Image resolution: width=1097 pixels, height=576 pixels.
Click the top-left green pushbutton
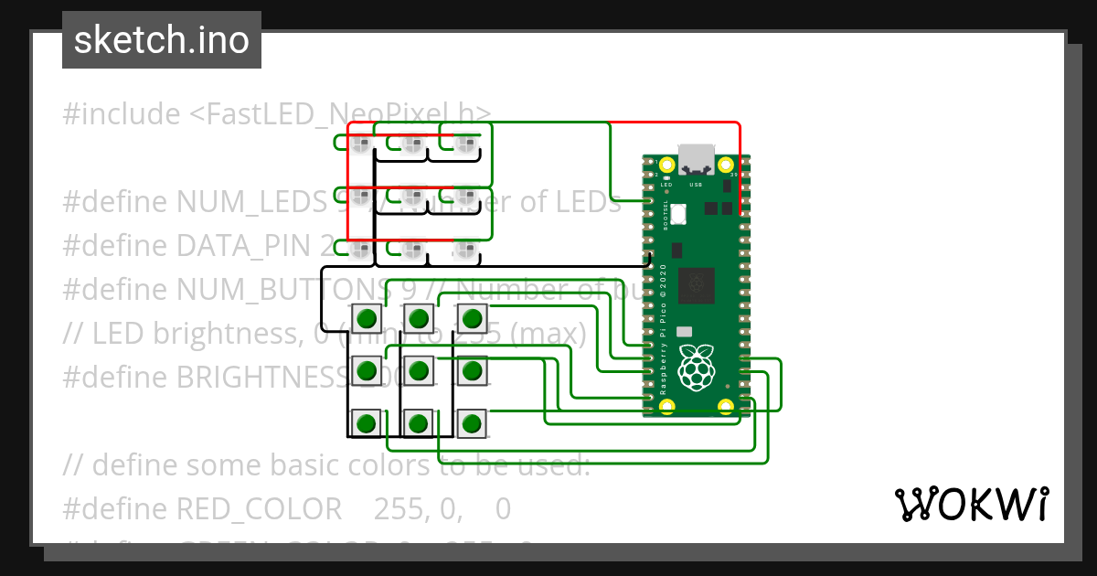[x=367, y=318]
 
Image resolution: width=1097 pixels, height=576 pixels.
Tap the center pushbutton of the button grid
[x=419, y=370]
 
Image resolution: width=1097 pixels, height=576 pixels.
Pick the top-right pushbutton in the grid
[x=472, y=318]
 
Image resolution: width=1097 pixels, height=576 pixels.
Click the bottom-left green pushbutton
[x=367, y=423]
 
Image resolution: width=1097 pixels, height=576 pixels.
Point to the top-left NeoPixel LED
[x=360, y=143]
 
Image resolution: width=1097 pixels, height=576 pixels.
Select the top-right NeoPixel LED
[x=466, y=143]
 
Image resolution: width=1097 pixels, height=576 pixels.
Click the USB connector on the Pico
[x=697, y=159]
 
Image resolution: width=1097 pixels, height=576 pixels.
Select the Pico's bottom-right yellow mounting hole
[x=726, y=405]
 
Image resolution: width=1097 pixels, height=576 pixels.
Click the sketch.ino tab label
[x=162, y=40]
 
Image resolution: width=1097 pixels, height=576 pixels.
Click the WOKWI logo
[x=971, y=504]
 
